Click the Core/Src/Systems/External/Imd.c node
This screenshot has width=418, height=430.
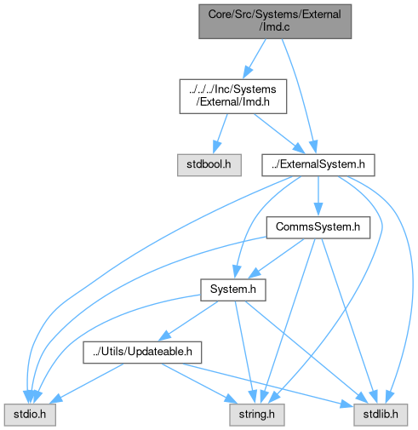[x=275, y=21]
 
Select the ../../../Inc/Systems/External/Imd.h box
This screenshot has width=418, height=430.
[x=233, y=96]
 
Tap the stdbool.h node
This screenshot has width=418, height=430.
[x=209, y=165]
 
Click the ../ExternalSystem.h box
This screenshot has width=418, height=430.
[x=318, y=165]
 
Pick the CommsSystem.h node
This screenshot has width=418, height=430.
[x=318, y=227]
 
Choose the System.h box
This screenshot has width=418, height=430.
[x=233, y=290]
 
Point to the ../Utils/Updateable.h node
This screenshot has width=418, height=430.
[x=142, y=353]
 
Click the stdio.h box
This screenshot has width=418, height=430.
[x=30, y=415]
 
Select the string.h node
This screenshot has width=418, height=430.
[x=257, y=415]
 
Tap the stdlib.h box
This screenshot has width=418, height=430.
[x=381, y=415]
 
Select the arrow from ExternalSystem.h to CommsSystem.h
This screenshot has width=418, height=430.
[x=318, y=196]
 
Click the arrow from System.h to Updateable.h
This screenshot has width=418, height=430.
[x=188, y=321]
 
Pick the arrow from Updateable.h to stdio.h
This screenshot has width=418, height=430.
[x=87, y=383]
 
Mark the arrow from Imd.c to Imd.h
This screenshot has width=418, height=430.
[x=255, y=59]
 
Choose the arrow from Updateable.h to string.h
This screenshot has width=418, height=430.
[x=199, y=383]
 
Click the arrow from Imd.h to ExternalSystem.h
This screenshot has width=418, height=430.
[x=279, y=134]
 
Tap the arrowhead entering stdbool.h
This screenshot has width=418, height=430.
[x=216, y=147]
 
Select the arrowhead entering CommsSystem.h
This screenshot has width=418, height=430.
[x=318, y=209]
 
